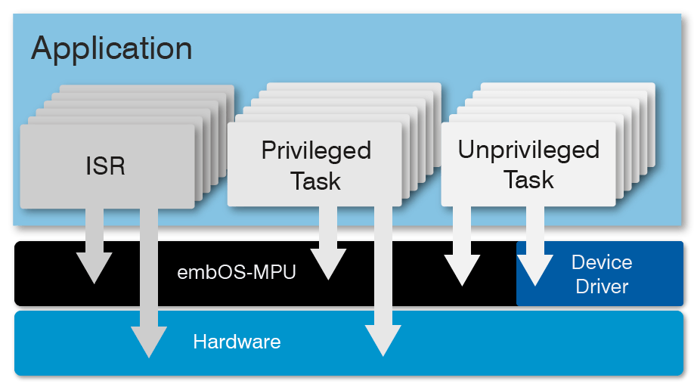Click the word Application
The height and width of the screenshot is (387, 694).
point(111,49)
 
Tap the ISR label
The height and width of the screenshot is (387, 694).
point(106,166)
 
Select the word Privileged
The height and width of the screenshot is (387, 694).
point(316,150)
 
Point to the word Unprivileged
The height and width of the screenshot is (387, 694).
point(528,150)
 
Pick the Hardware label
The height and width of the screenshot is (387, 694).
point(237,342)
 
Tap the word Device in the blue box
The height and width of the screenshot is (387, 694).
point(602,262)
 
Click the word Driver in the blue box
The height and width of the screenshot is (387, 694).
point(602,286)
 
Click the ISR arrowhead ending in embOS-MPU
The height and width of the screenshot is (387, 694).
point(94,268)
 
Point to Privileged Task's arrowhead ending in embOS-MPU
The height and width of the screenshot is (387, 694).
point(328,265)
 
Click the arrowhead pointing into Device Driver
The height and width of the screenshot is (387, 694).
point(534,271)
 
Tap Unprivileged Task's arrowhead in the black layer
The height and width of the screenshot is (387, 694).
point(462,271)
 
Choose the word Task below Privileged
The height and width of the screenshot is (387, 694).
point(316,181)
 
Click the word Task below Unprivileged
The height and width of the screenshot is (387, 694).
point(528,180)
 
